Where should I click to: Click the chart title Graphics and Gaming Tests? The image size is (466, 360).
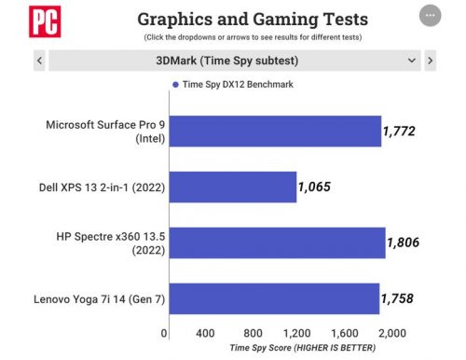pyautogui.click(x=252, y=19)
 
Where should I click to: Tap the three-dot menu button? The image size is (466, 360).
pyautogui.click(x=430, y=17)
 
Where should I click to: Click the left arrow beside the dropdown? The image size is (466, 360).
pyautogui.click(x=39, y=61)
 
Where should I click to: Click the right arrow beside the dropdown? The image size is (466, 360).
pyautogui.click(x=430, y=61)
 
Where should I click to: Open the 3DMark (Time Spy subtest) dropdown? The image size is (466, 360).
pyautogui.click(x=234, y=61)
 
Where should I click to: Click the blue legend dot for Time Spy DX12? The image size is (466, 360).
pyautogui.click(x=174, y=84)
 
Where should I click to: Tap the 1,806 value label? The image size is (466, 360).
pyautogui.click(x=404, y=242)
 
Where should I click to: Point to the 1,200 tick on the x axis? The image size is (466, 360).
pyautogui.click(x=296, y=333)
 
